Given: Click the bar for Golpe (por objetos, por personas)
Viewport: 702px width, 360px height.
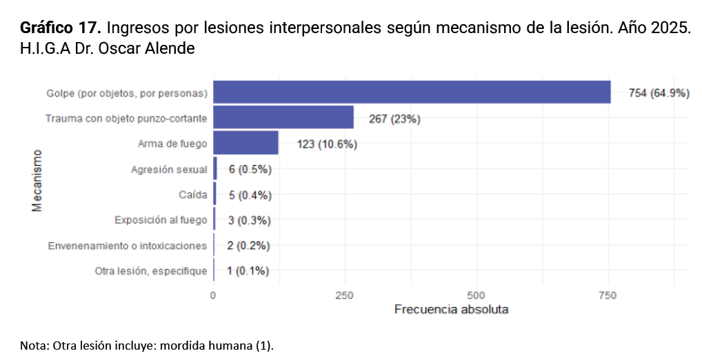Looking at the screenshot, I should click(x=412, y=92).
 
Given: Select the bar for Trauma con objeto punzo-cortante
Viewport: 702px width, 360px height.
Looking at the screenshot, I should click(x=283, y=118).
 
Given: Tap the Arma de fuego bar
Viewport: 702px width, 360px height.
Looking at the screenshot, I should click(x=245, y=143).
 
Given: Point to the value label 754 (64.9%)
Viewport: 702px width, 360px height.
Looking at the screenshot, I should click(x=659, y=93).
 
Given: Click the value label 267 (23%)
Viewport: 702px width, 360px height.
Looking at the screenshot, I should click(x=394, y=119).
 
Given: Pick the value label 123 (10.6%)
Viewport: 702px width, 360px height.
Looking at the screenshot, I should click(x=327, y=144).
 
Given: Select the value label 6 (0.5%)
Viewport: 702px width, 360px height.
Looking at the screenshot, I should click(x=250, y=170).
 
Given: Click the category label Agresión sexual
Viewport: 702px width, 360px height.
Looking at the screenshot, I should click(x=169, y=170).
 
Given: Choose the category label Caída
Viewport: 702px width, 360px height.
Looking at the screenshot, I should click(x=192, y=195).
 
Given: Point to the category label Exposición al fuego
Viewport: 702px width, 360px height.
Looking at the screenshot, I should click(x=161, y=221).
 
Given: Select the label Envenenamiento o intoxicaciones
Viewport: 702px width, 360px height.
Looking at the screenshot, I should click(x=127, y=246).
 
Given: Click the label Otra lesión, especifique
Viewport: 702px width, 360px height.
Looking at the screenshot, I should click(x=151, y=271).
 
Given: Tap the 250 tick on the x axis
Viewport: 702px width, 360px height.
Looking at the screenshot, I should click(x=345, y=295).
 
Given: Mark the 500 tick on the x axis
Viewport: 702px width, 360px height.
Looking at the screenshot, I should click(x=477, y=295).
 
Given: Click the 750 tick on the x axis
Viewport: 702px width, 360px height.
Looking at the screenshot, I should click(x=608, y=295).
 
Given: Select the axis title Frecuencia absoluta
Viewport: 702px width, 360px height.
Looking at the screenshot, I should click(x=451, y=310).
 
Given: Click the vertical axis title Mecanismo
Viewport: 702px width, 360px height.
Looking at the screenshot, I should click(x=37, y=181).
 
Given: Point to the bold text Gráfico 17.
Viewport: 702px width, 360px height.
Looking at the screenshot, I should click(x=61, y=28).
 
